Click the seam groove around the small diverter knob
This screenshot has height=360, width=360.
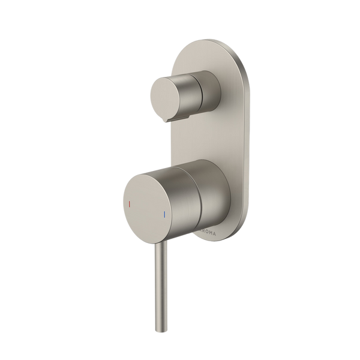[x=194, y=94]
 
